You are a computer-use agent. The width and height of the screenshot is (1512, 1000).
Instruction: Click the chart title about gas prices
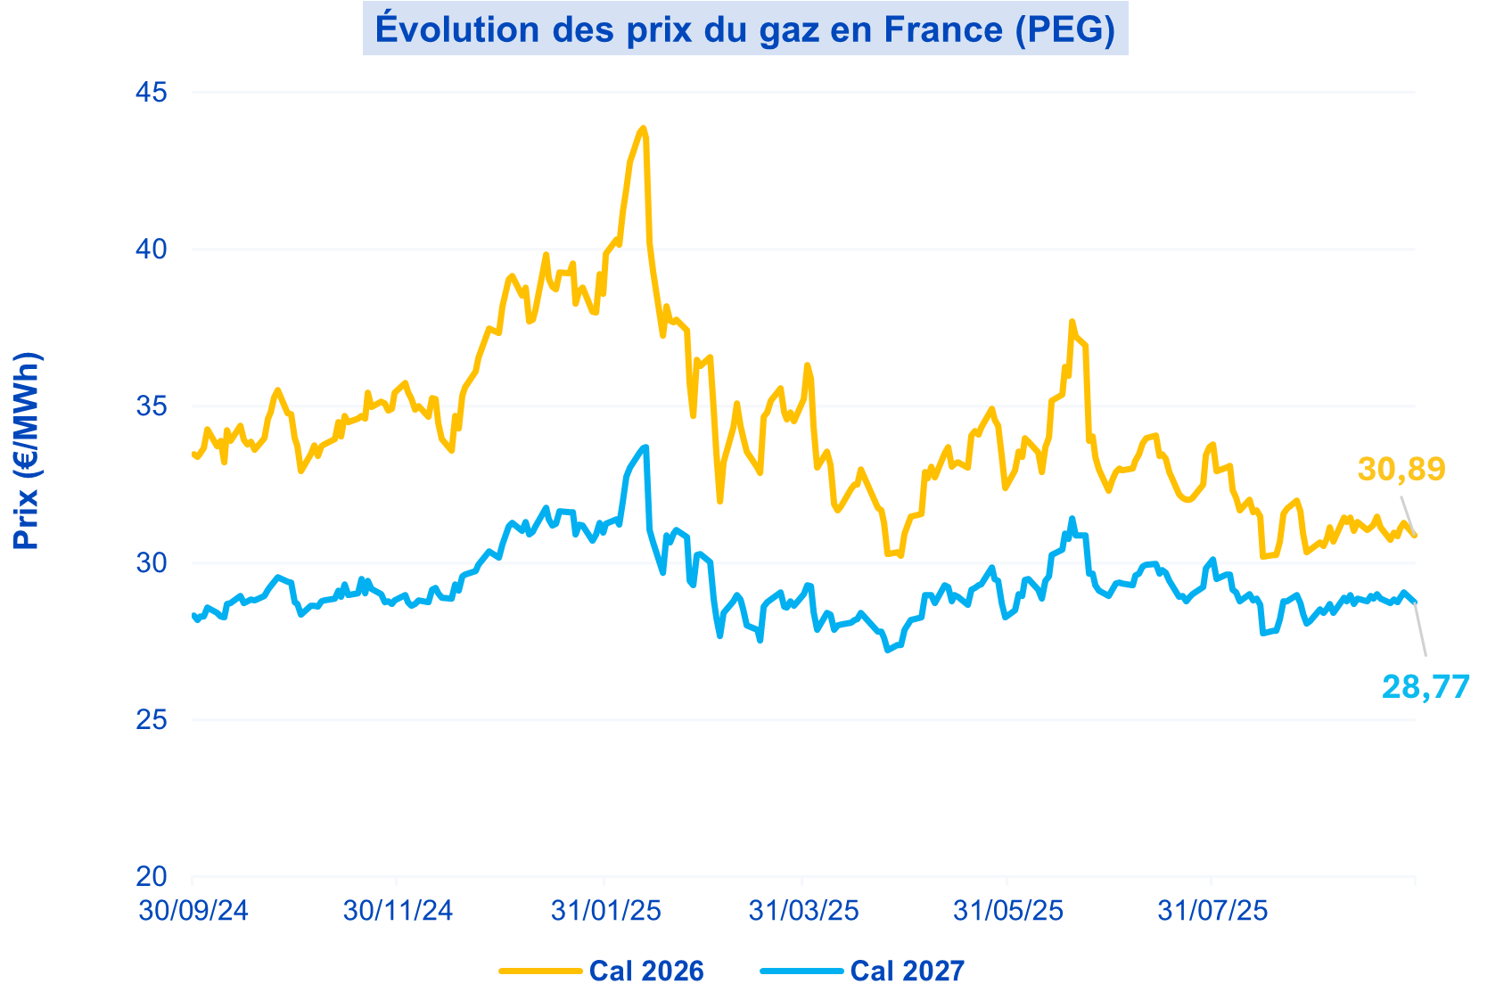coord(745,29)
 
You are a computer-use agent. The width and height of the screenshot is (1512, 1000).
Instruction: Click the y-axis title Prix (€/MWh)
coord(27,450)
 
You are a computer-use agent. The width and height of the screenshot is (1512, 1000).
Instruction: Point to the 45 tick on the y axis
coord(152,93)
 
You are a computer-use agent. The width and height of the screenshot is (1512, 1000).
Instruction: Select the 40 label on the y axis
coord(152,250)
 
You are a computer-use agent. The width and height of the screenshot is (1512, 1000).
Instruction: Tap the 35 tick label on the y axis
coord(152,406)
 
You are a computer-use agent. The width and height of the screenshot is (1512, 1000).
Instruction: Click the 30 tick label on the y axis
coord(152,563)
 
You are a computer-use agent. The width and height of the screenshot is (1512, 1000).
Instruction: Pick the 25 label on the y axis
coord(152,720)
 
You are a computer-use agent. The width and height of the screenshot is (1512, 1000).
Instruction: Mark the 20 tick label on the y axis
coord(152,877)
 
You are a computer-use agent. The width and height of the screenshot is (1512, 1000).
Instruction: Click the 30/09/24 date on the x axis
coord(193,911)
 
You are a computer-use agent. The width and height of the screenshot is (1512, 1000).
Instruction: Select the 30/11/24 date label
coord(398,911)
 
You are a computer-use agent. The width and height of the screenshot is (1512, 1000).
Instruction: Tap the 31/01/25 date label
coord(605,911)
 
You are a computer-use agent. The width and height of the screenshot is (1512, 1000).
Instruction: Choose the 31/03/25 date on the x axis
coord(803,911)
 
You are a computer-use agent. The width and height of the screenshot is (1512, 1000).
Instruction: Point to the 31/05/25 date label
coord(1007,911)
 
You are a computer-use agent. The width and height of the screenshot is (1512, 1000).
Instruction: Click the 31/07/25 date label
coord(1212,911)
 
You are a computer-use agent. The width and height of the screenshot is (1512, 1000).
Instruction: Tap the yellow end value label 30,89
coord(1401,469)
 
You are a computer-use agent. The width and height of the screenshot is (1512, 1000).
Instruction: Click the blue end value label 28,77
coord(1426,687)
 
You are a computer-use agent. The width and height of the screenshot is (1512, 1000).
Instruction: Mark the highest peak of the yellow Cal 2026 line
coord(643,128)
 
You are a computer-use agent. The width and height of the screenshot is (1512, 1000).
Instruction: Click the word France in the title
coord(942,29)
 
